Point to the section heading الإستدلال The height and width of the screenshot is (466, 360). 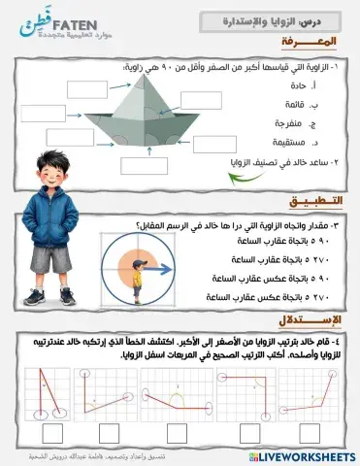tap(311, 319)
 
